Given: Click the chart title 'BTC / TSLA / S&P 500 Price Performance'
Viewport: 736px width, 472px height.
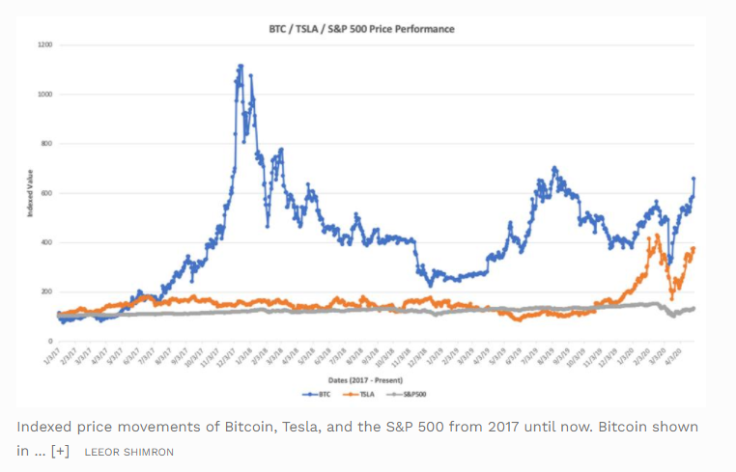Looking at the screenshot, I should (x=360, y=29).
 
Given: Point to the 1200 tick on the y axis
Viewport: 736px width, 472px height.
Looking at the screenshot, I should (x=44, y=44).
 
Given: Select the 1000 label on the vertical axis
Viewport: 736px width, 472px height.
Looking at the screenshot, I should (x=44, y=94).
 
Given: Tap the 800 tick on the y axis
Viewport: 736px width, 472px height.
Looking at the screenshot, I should (x=45, y=144).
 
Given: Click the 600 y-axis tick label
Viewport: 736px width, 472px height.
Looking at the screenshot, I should (x=45, y=193).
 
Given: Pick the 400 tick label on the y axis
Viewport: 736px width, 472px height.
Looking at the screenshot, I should (x=45, y=242).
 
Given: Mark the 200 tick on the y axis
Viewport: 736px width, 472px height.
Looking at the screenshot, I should (x=45, y=292).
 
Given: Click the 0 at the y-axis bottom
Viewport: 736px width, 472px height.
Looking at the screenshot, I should (x=48, y=341).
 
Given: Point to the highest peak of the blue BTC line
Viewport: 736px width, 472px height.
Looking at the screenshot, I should (x=241, y=66).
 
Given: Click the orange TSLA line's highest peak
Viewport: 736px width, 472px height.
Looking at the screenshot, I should (x=658, y=235).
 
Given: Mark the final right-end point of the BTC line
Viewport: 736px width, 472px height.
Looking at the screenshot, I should (x=694, y=179).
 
